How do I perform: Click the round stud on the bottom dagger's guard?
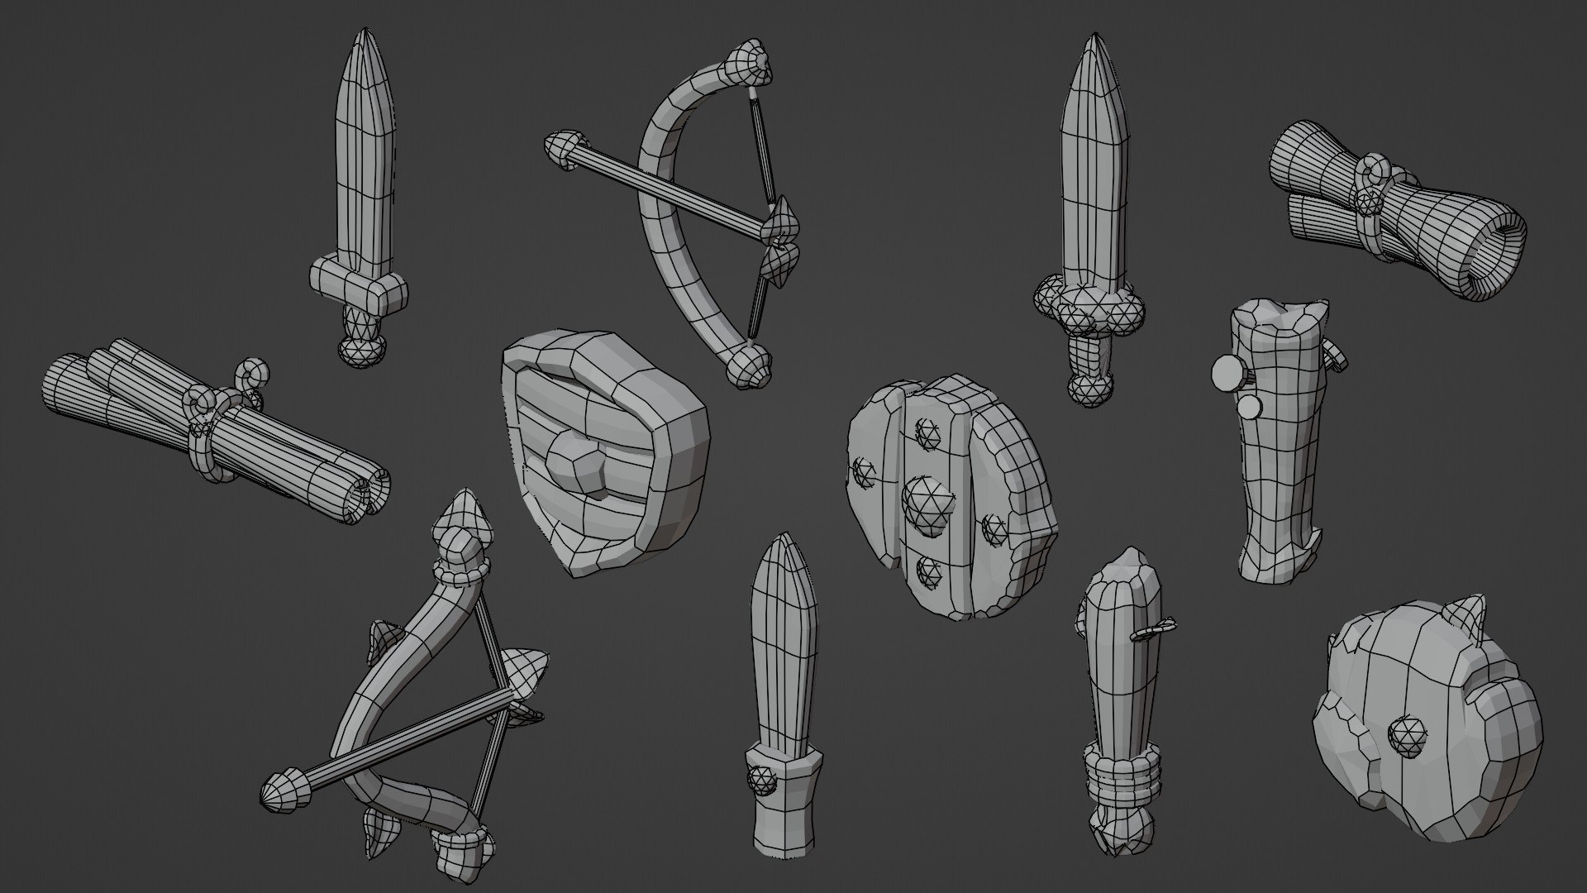pyautogui.click(x=761, y=777)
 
